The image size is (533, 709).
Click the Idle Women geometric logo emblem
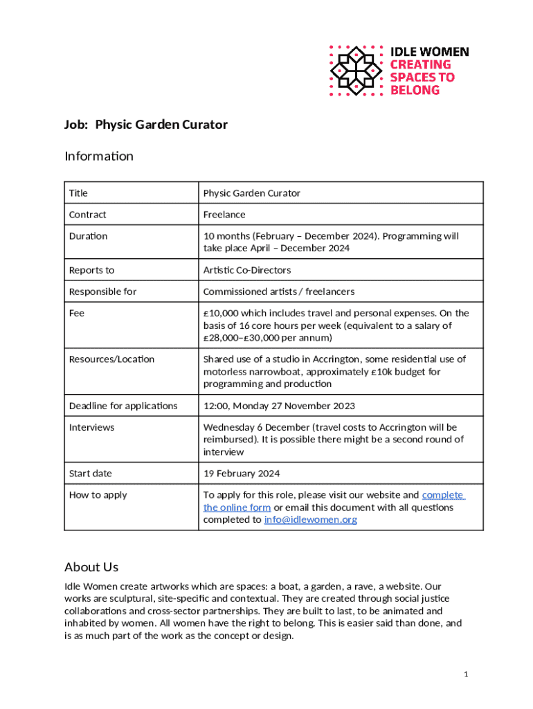(x=356, y=71)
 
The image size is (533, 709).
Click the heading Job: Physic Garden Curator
(x=146, y=125)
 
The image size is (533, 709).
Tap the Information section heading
(x=99, y=156)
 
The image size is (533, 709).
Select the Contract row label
(x=88, y=215)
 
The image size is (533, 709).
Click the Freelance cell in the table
(x=224, y=215)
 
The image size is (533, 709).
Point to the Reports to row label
(x=92, y=270)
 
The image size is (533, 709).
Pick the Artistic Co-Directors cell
(x=247, y=270)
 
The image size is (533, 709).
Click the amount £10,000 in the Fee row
(x=222, y=313)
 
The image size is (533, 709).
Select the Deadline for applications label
(x=123, y=406)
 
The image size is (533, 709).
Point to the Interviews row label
(x=92, y=427)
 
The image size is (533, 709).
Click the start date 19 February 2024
(x=242, y=474)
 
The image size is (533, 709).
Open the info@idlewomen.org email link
(x=311, y=519)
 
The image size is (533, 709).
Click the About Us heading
(x=91, y=567)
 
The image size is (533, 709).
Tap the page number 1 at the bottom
(x=467, y=674)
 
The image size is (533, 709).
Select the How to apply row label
(x=98, y=495)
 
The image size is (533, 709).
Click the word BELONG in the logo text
(x=415, y=90)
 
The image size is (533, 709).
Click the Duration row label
(x=89, y=236)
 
